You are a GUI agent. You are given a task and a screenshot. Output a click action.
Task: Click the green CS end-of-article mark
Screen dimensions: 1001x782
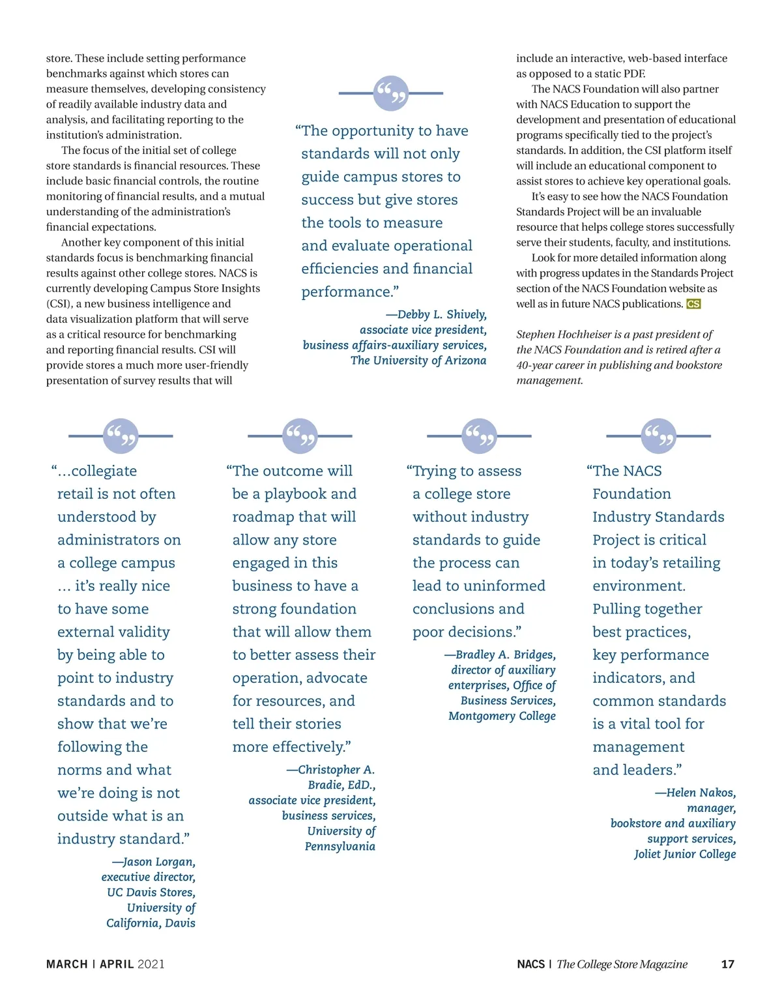click(x=693, y=304)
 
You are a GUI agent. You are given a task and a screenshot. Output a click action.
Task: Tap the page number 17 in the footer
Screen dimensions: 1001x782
click(x=728, y=964)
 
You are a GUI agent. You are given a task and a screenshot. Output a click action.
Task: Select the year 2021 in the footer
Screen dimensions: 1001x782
click(x=151, y=964)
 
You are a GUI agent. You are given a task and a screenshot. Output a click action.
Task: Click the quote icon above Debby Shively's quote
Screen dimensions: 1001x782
click(x=391, y=93)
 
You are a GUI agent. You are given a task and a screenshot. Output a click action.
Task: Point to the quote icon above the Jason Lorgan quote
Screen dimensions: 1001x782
click(x=121, y=436)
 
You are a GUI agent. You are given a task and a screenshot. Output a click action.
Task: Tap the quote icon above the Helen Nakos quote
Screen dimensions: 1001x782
click(x=658, y=436)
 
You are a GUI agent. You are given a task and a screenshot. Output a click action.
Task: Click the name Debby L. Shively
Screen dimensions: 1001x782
click(x=442, y=314)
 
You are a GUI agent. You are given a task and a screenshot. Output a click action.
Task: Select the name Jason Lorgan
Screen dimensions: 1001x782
click(x=159, y=861)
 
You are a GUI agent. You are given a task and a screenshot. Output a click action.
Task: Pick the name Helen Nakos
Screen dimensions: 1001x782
click(x=701, y=792)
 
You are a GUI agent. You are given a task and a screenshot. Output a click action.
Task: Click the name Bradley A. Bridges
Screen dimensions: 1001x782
click(x=505, y=655)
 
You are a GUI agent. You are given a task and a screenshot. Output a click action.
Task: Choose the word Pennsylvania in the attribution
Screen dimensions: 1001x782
click(x=340, y=846)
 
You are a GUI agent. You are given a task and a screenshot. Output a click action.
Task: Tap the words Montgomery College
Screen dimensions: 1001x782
click(x=502, y=715)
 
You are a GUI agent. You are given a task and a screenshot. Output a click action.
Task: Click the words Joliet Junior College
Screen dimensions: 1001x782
click(x=685, y=854)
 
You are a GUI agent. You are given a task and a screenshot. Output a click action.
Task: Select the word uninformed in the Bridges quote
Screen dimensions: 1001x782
click(x=504, y=586)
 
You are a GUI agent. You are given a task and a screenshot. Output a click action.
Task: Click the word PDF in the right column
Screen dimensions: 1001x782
click(x=634, y=74)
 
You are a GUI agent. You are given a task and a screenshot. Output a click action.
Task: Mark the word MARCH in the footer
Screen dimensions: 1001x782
click(x=66, y=964)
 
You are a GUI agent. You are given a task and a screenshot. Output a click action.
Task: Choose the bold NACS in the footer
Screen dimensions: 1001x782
click(x=530, y=964)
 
